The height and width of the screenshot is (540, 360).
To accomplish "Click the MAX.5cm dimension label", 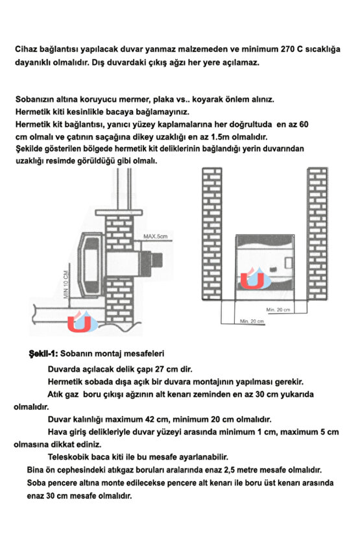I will point(155,236).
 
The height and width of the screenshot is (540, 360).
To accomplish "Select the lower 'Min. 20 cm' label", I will point(252,321).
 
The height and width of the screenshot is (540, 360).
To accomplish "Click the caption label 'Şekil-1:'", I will point(43,354).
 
